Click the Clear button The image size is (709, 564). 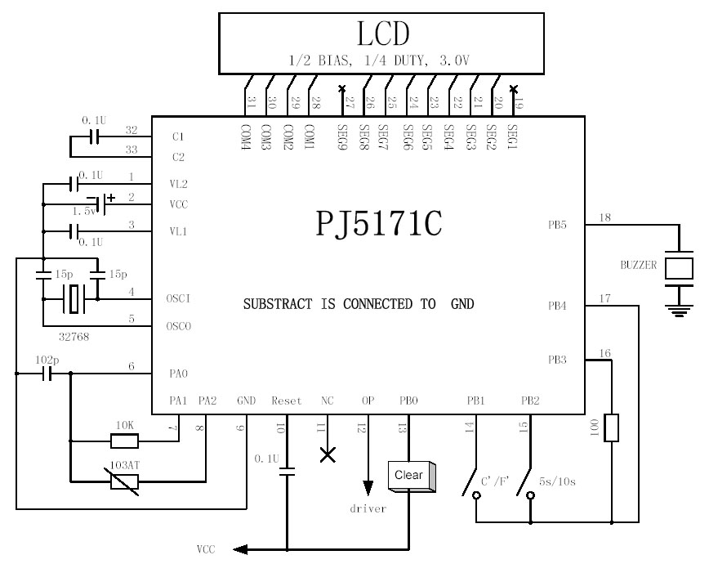[x=408, y=476]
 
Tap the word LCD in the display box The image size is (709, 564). [x=381, y=34]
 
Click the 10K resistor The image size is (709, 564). [x=123, y=441]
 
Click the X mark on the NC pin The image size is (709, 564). [x=328, y=454]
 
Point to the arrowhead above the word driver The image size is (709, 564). [x=368, y=486]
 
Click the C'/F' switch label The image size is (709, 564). [x=494, y=482]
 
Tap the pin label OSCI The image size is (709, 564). [x=177, y=299]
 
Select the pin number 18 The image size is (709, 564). [x=605, y=217]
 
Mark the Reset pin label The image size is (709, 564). [x=286, y=401]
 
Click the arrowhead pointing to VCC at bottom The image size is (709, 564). [x=239, y=549]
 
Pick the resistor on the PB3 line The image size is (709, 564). [x=611, y=428]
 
